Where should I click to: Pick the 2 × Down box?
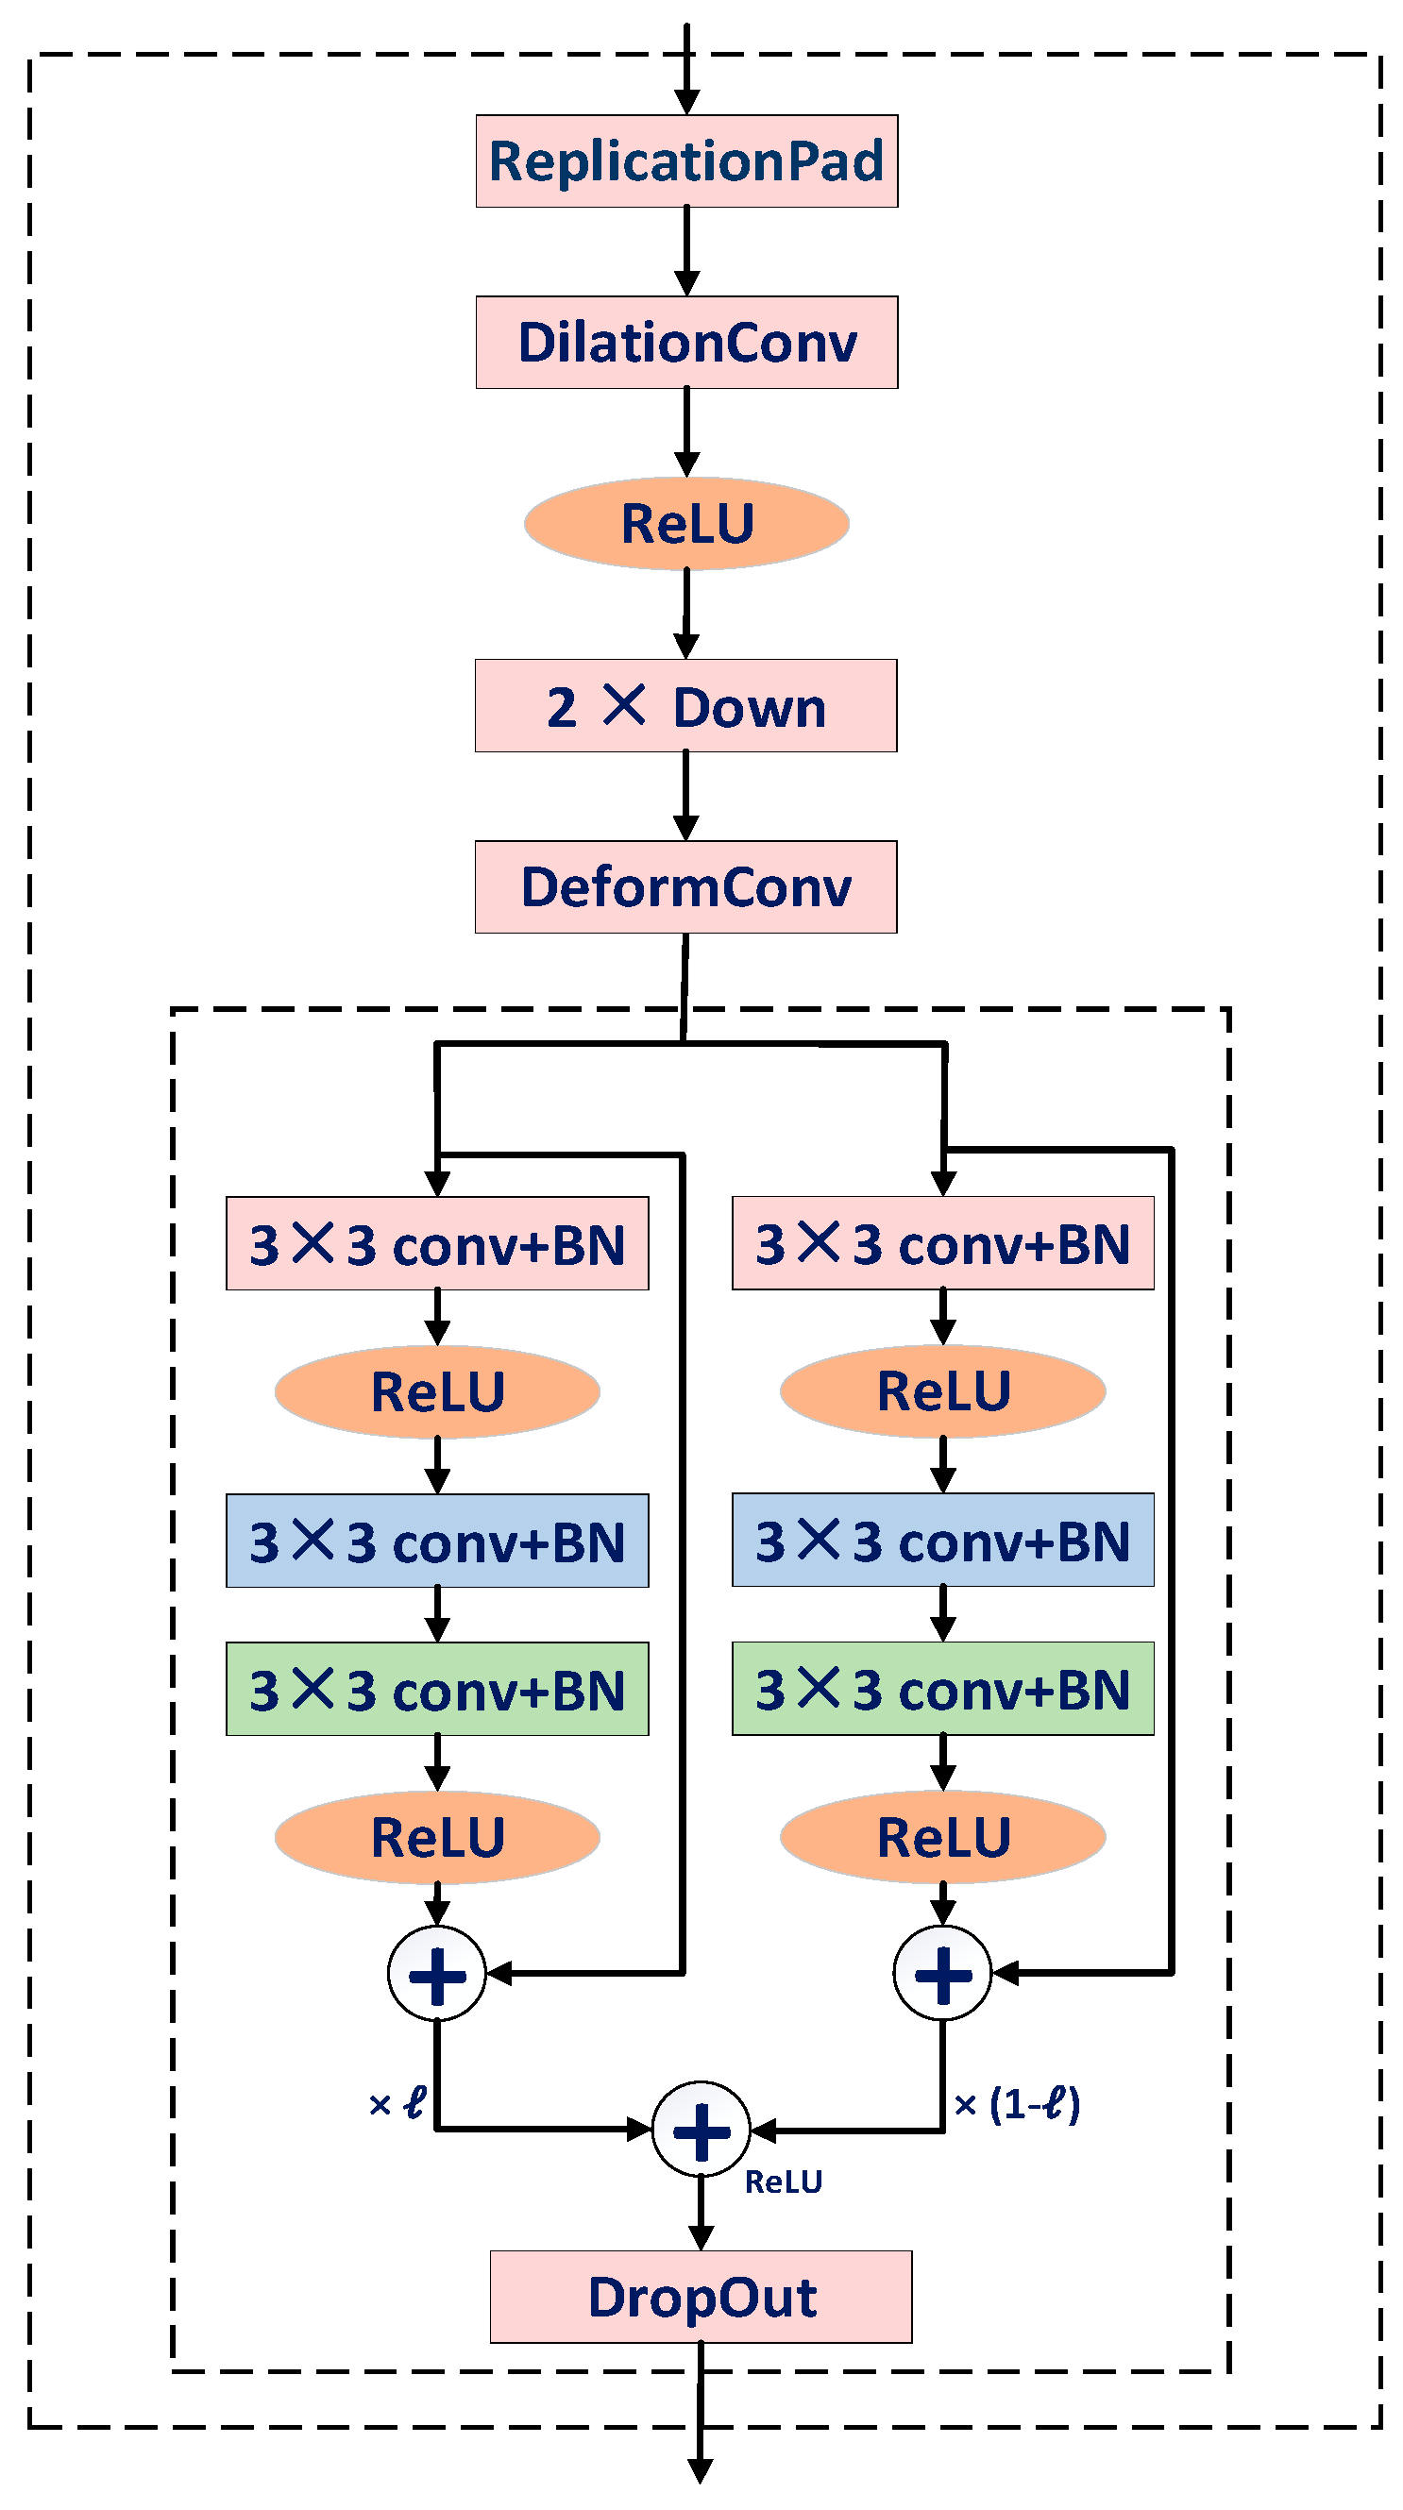(x=685, y=705)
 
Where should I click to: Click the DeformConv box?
(x=685, y=886)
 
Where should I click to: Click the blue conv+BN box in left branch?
(x=436, y=1541)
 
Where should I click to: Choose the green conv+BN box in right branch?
(x=942, y=1689)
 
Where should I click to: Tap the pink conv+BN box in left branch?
(x=436, y=1243)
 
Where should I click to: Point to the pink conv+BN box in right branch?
(x=942, y=1243)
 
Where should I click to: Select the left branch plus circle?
(x=436, y=1973)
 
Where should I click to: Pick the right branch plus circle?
(x=942, y=1973)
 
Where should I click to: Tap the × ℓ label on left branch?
(x=397, y=2105)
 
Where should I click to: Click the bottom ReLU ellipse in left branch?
(x=436, y=1837)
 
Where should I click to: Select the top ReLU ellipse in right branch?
(x=942, y=1390)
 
